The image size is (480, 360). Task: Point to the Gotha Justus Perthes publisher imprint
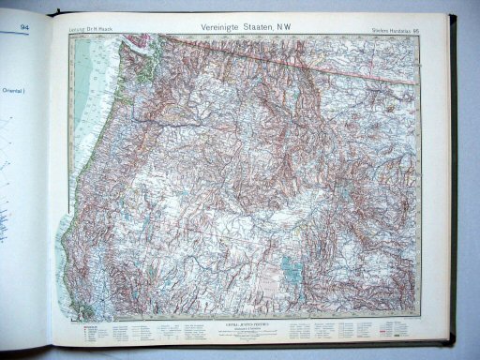246,322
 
